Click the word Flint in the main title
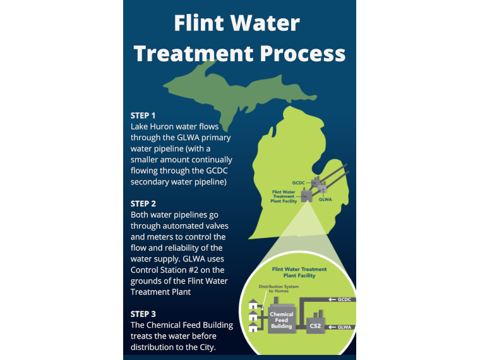[200, 23]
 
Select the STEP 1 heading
[143, 116]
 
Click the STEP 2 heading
[143, 203]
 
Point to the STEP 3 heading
[143, 314]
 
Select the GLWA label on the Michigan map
[325, 200]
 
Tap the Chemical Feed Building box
[281, 319]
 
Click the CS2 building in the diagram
[315, 325]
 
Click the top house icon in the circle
[253, 305]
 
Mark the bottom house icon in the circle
[253, 328]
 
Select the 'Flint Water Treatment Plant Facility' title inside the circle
[299, 272]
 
